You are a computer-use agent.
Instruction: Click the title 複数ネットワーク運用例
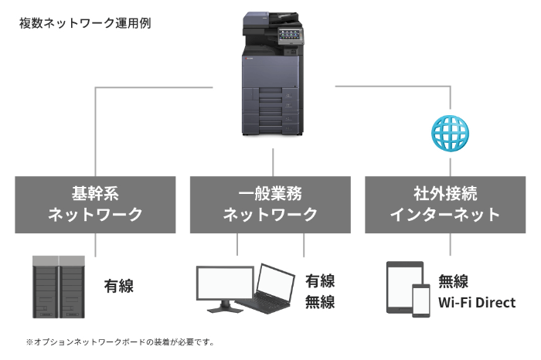[x=84, y=22]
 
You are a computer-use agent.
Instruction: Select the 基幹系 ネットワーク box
[x=96, y=204]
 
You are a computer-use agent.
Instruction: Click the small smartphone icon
[x=421, y=300]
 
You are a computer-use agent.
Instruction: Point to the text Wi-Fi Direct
[x=477, y=302]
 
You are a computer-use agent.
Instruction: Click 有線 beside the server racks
[x=119, y=287]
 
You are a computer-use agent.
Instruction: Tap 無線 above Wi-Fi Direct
[x=453, y=281]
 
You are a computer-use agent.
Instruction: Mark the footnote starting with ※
[x=119, y=341]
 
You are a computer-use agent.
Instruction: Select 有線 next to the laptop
[x=320, y=280]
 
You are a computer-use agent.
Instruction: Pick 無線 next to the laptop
[x=320, y=302]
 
